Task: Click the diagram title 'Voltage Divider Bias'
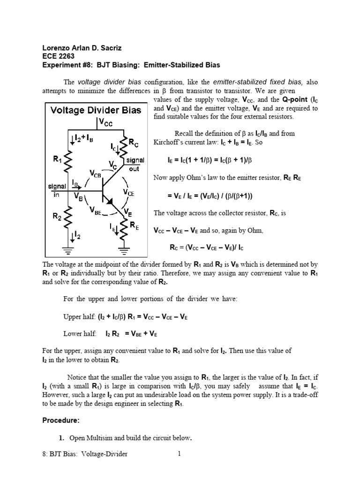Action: (x=96, y=110)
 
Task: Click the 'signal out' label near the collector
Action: (x=135, y=164)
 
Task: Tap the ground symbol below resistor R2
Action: (x=68, y=250)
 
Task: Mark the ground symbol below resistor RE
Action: (x=124, y=250)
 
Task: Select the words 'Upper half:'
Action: (x=79, y=316)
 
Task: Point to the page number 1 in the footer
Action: (x=179, y=454)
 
